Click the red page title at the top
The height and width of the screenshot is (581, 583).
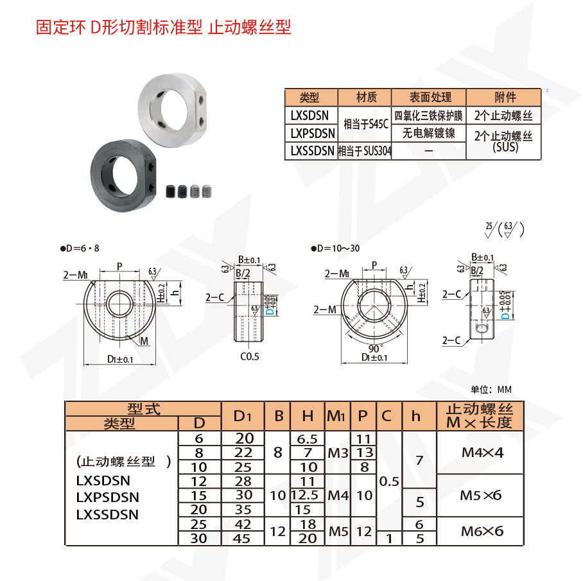(x=164, y=27)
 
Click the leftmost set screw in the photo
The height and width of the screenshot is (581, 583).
(x=171, y=191)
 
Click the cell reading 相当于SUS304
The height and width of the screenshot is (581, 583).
(x=365, y=151)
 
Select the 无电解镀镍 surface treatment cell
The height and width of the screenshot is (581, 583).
(x=428, y=133)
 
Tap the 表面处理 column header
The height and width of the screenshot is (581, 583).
(x=428, y=97)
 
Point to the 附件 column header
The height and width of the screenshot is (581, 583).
(x=505, y=97)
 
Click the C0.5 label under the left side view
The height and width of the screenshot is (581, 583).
(x=250, y=356)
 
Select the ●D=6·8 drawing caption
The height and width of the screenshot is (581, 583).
(x=80, y=248)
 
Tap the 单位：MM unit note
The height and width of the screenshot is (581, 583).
(x=491, y=389)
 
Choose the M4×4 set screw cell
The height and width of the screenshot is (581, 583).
(x=482, y=453)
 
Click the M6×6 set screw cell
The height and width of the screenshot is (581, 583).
(x=482, y=531)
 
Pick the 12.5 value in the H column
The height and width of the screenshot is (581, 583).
(x=308, y=496)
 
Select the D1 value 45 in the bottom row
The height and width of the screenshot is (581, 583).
(x=241, y=539)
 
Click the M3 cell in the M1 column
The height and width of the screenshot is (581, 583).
(x=338, y=453)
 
